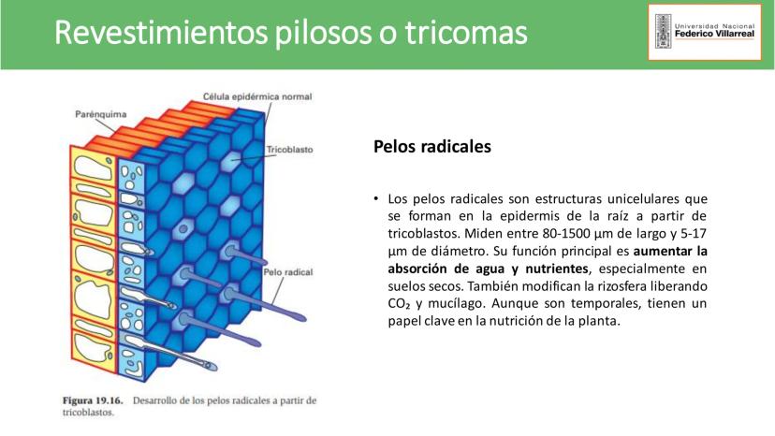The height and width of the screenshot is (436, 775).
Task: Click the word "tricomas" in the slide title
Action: [x=466, y=33]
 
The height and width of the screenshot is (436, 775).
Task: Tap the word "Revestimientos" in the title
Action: [x=161, y=33]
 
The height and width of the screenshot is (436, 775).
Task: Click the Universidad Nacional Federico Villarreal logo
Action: [x=705, y=32]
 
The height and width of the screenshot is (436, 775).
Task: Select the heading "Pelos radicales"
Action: [x=432, y=147]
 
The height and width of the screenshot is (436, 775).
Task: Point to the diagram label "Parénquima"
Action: [x=101, y=114]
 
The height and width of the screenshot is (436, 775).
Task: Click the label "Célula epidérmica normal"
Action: [x=257, y=97]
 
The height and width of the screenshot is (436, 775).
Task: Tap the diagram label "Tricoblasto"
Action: [x=289, y=150]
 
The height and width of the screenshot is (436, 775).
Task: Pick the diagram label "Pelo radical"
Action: [x=288, y=272]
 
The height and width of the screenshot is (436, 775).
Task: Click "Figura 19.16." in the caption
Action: [x=93, y=400]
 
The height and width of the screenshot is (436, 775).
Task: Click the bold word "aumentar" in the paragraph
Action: [x=662, y=251]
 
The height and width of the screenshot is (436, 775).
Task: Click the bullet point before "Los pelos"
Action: [x=376, y=198]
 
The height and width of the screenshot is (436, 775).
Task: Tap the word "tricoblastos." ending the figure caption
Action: [x=89, y=413]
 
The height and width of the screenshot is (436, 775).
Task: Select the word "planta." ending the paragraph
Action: [x=602, y=321]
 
